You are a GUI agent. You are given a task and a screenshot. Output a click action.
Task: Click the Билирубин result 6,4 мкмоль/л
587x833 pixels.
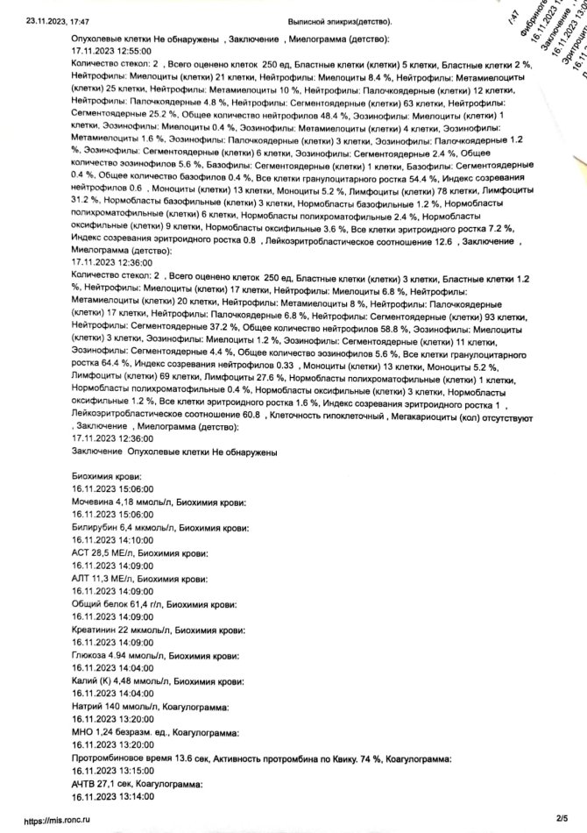(131, 529)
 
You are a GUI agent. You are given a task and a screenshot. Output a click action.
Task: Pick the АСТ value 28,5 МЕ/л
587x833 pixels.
(113, 554)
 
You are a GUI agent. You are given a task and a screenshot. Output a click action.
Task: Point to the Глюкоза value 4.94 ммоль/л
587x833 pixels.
(124, 656)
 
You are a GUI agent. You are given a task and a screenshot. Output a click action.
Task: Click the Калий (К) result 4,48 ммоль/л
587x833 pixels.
(134, 681)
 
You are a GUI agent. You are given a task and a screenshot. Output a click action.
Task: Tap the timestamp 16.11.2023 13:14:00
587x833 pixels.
(111, 796)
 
